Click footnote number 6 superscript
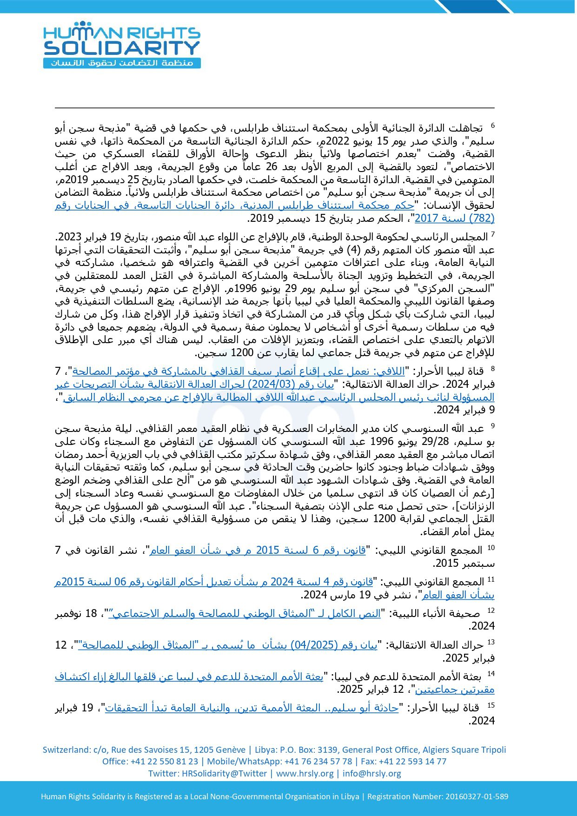493,126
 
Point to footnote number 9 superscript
493,426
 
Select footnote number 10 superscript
491,548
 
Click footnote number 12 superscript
491,611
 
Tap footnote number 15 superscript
491,705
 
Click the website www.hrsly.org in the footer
305,774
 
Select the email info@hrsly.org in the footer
371,774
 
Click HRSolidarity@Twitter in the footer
224,774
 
